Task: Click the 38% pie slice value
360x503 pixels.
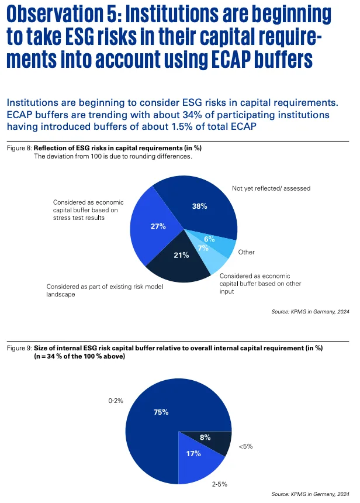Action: click(199, 205)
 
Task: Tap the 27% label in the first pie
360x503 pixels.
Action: click(158, 226)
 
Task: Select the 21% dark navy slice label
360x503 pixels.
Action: click(181, 254)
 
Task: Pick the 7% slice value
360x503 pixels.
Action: click(203, 248)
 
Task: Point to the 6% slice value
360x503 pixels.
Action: click(209, 238)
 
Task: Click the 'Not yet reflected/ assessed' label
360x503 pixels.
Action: click(271, 188)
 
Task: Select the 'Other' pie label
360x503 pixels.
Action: click(247, 252)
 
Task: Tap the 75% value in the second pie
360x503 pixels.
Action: click(161, 412)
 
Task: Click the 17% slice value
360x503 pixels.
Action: click(194, 453)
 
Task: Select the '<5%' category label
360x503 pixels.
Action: click(246, 447)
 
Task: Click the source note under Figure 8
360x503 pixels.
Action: click(310, 312)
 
